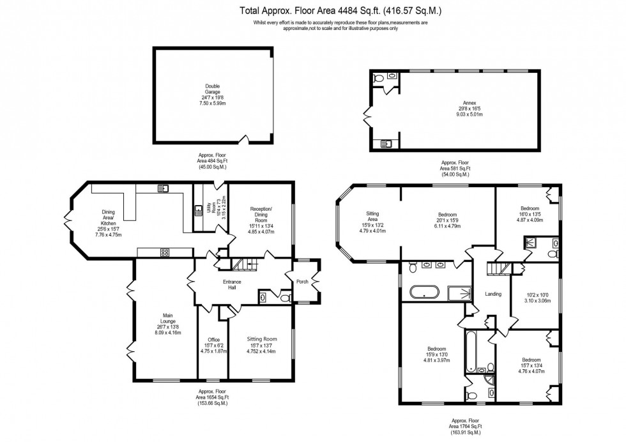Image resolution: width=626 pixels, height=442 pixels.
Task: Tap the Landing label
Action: coord(493,294)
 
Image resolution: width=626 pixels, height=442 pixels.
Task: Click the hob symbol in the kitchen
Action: coord(164,252)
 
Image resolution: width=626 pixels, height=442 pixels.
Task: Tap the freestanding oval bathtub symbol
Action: coord(424,293)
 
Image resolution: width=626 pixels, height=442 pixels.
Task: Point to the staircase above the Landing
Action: coord(498,268)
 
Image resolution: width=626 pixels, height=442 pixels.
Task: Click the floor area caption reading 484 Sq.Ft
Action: coord(212,161)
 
